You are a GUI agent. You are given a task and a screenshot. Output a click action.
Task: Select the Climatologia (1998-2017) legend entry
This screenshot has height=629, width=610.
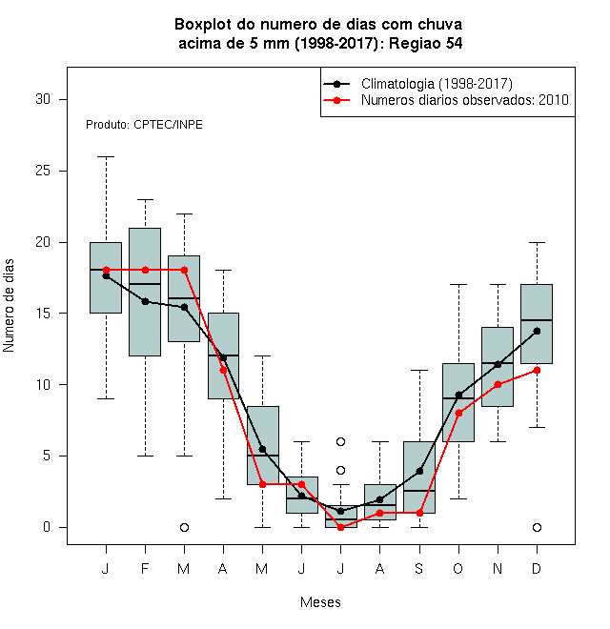coord(417,84)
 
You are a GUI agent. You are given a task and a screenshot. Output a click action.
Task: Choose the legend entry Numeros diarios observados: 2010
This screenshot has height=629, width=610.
coord(445,100)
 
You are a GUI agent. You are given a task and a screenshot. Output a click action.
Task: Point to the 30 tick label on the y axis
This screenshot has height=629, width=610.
coord(43,99)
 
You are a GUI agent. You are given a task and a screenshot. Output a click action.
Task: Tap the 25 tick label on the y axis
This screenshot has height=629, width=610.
coord(43,171)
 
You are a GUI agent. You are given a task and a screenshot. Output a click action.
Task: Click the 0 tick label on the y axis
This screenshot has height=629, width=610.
coord(47,527)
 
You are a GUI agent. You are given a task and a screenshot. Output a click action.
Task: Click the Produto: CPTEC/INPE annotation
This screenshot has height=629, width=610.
coord(144,125)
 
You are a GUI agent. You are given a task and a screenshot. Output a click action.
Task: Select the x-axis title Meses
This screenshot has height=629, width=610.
coord(320,602)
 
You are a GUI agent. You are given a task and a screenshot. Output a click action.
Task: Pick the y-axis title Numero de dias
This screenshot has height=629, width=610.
coord(9,306)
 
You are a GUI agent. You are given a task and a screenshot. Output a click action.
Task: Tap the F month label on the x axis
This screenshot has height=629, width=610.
coord(145,568)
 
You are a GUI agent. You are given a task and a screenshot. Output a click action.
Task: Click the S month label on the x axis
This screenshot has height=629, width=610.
coord(419,568)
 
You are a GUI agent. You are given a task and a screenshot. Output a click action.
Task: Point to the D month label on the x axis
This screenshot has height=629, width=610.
coord(537,568)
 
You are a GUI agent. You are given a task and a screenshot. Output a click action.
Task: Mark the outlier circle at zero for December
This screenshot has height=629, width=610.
coord(537,527)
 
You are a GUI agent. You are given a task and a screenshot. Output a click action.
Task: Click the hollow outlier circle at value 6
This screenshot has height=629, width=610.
coord(340,441)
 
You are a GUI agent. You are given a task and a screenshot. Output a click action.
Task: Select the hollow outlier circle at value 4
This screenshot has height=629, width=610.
coord(340,470)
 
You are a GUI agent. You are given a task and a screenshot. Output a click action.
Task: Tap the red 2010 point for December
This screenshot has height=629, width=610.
coord(537,371)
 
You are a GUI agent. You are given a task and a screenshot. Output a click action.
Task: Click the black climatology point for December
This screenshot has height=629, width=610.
coord(537,331)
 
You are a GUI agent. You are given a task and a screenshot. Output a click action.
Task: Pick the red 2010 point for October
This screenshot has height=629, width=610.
coord(458,414)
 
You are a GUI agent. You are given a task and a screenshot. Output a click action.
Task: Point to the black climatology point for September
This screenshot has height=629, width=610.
coord(419,471)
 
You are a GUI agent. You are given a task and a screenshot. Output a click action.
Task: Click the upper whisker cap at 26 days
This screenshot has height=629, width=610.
coord(106,157)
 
